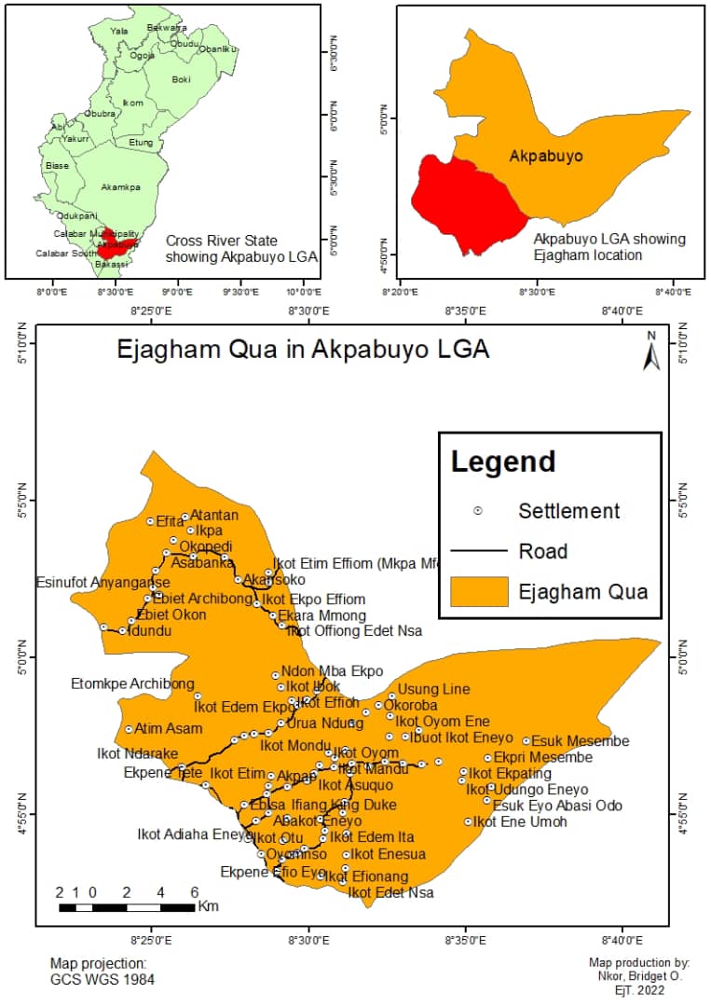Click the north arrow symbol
651,352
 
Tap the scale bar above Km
126,906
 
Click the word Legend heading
503,462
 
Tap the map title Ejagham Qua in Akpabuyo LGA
303,351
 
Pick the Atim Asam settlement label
169,728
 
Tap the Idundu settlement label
152,631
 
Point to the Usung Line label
434,689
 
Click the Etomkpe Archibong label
132,683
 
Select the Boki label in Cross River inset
181,80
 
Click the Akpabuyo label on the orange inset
546,156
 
